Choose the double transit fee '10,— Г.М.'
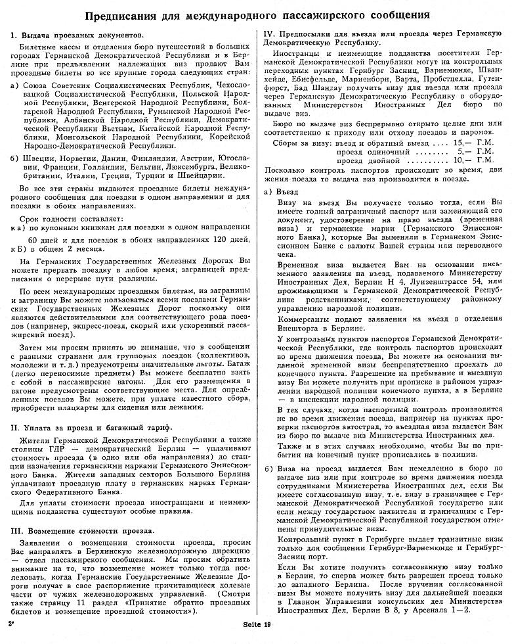[475, 160]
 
